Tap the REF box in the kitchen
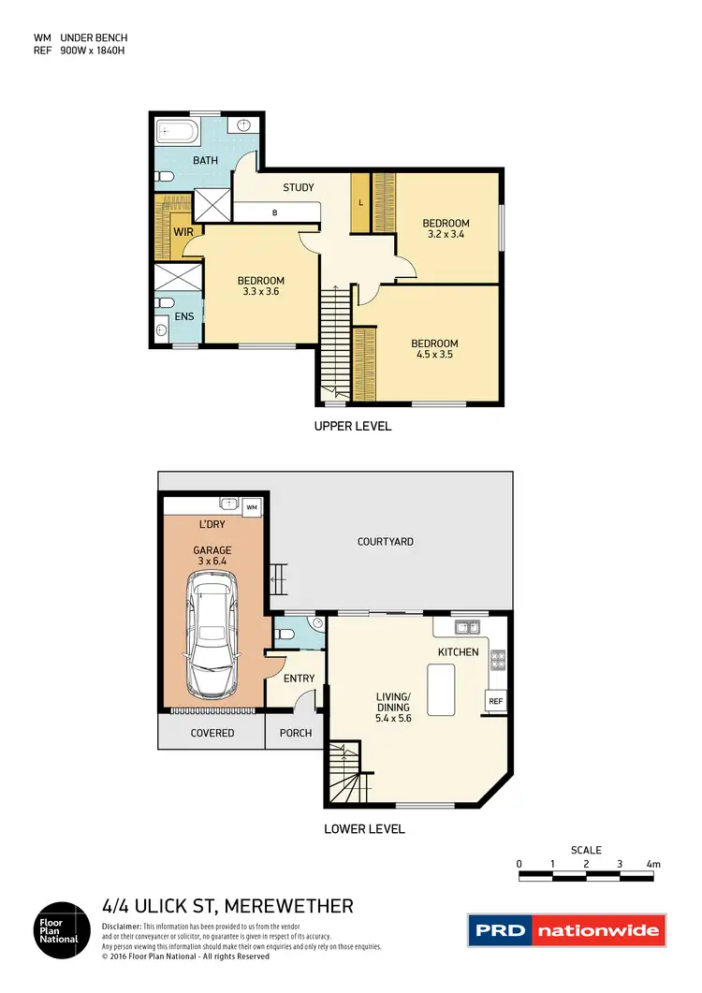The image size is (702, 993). [493, 700]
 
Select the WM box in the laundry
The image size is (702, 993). [252, 506]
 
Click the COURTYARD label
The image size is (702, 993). [385, 542]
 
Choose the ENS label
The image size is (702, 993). [184, 316]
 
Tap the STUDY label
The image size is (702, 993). [299, 188]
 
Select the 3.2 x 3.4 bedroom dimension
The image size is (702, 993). [446, 236]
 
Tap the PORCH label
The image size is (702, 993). [296, 733]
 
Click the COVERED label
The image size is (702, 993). [212, 733]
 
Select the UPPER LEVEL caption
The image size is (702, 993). [353, 426]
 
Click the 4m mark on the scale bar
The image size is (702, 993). [653, 864]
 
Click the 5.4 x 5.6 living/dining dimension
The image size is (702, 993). [393, 719]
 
